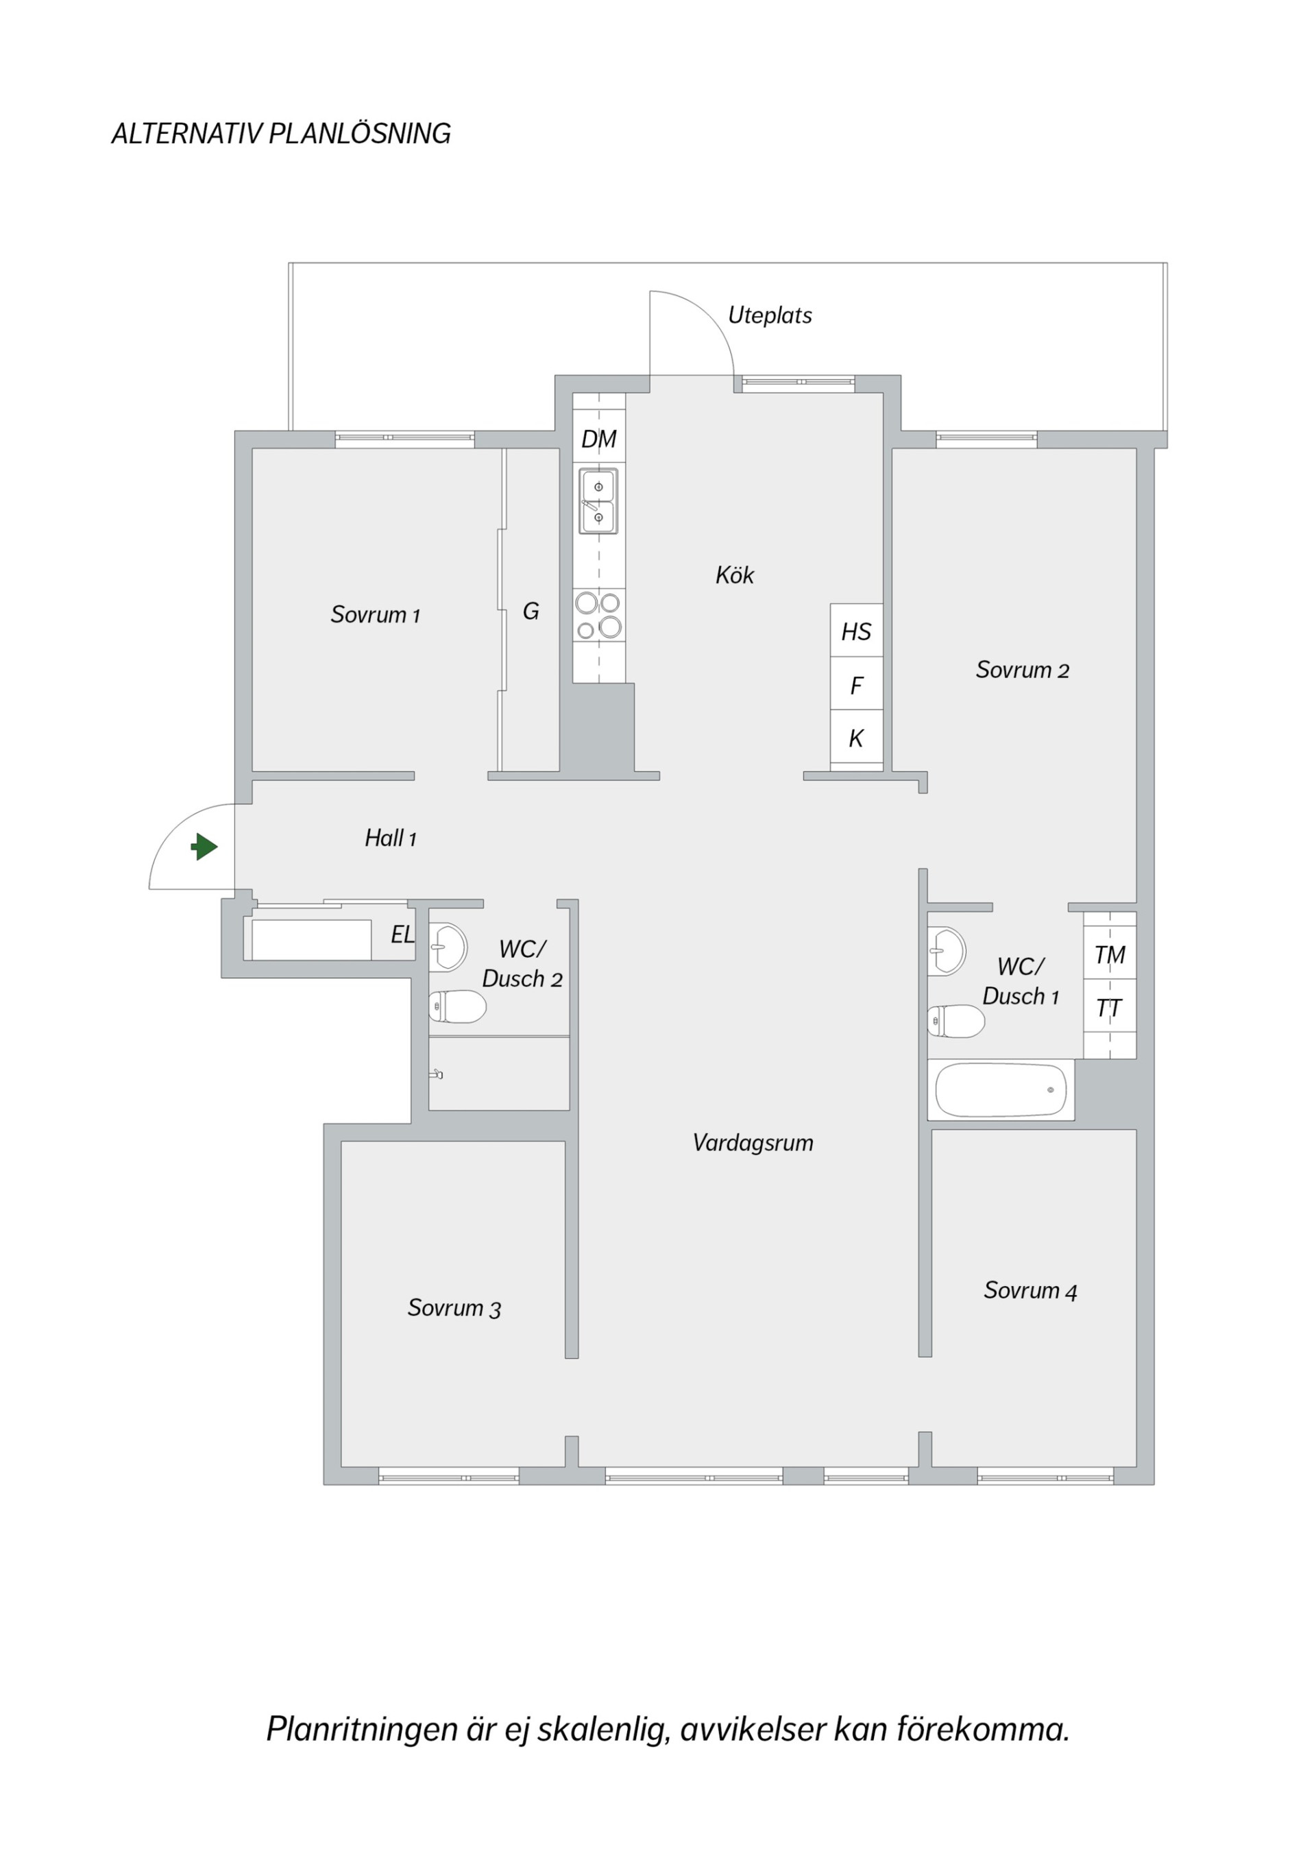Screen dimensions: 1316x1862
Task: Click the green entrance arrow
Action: pos(205,847)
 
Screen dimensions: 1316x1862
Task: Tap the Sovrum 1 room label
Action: pos(376,615)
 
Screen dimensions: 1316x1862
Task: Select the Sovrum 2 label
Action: pos(1023,670)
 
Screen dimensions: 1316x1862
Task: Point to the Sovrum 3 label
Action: pos(454,1308)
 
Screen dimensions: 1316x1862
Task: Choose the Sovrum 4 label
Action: pos(1031,1290)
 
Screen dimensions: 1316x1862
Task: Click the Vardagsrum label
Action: pos(753,1144)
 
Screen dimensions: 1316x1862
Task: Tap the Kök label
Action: pos(735,575)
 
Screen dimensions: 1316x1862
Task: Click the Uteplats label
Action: pos(770,315)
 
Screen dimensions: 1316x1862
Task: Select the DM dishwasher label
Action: pos(599,439)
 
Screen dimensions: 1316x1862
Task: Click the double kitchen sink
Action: pos(598,501)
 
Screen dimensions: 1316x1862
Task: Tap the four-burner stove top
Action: pos(598,615)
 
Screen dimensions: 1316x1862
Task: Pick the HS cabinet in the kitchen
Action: pos(856,630)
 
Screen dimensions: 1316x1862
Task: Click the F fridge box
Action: pos(856,684)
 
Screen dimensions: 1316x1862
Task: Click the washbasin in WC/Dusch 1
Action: pos(947,950)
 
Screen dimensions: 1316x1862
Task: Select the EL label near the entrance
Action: pos(403,935)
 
